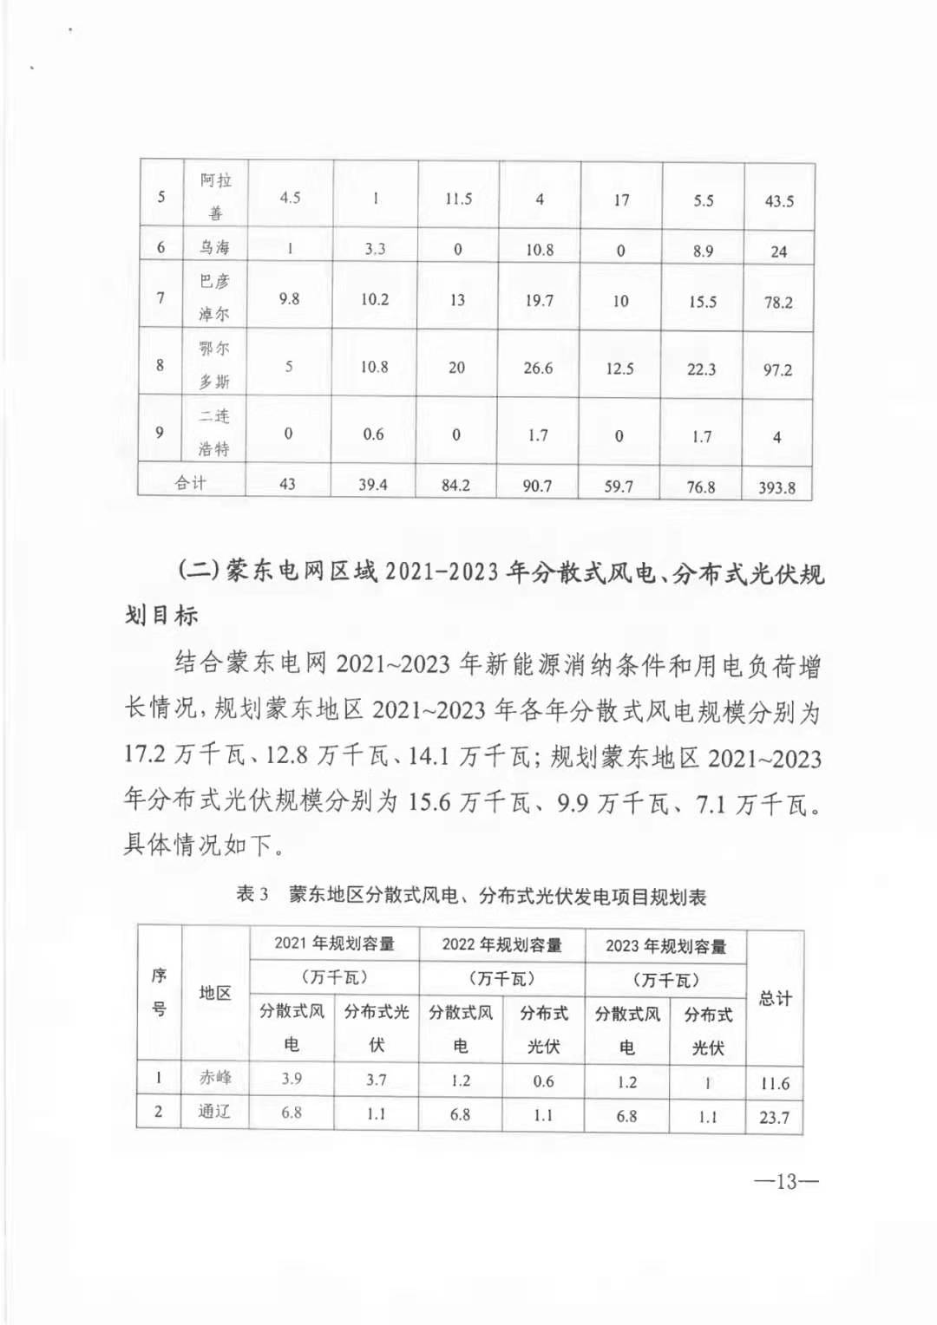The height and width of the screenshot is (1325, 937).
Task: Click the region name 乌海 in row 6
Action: (x=214, y=247)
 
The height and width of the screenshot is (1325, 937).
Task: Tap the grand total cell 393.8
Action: (x=776, y=487)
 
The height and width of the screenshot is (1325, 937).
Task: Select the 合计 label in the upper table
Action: (x=191, y=483)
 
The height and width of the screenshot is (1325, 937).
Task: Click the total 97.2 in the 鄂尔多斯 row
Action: (x=777, y=370)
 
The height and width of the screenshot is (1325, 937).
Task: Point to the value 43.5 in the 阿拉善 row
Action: (x=779, y=201)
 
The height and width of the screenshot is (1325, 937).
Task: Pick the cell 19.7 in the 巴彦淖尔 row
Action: (x=539, y=300)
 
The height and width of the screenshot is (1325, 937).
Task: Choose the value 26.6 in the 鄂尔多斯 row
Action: (x=538, y=369)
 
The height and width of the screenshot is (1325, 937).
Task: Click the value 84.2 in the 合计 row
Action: (x=455, y=486)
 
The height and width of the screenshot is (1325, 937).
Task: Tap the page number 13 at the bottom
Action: (x=786, y=1181)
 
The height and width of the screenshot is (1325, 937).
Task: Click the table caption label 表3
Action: (x=252, y=894)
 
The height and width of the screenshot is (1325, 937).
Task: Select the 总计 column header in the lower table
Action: (x=775, y=998)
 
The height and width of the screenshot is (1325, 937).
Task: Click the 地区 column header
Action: (x=215, y=993)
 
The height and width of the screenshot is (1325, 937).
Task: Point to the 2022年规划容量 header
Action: (x=501, y=944)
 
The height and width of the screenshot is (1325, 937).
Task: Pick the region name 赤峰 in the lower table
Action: (x=215, y=1078)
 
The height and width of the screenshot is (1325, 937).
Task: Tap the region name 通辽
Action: (x=214, y=1112)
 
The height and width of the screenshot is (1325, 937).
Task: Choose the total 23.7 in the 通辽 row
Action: (x=774, y=1118)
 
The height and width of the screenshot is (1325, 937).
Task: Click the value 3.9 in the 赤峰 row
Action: (x=292, y=1079)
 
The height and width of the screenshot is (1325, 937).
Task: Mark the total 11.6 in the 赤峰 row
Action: (x=774, y=1084)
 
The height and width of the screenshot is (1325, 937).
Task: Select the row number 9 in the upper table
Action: (x=160, y=432)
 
